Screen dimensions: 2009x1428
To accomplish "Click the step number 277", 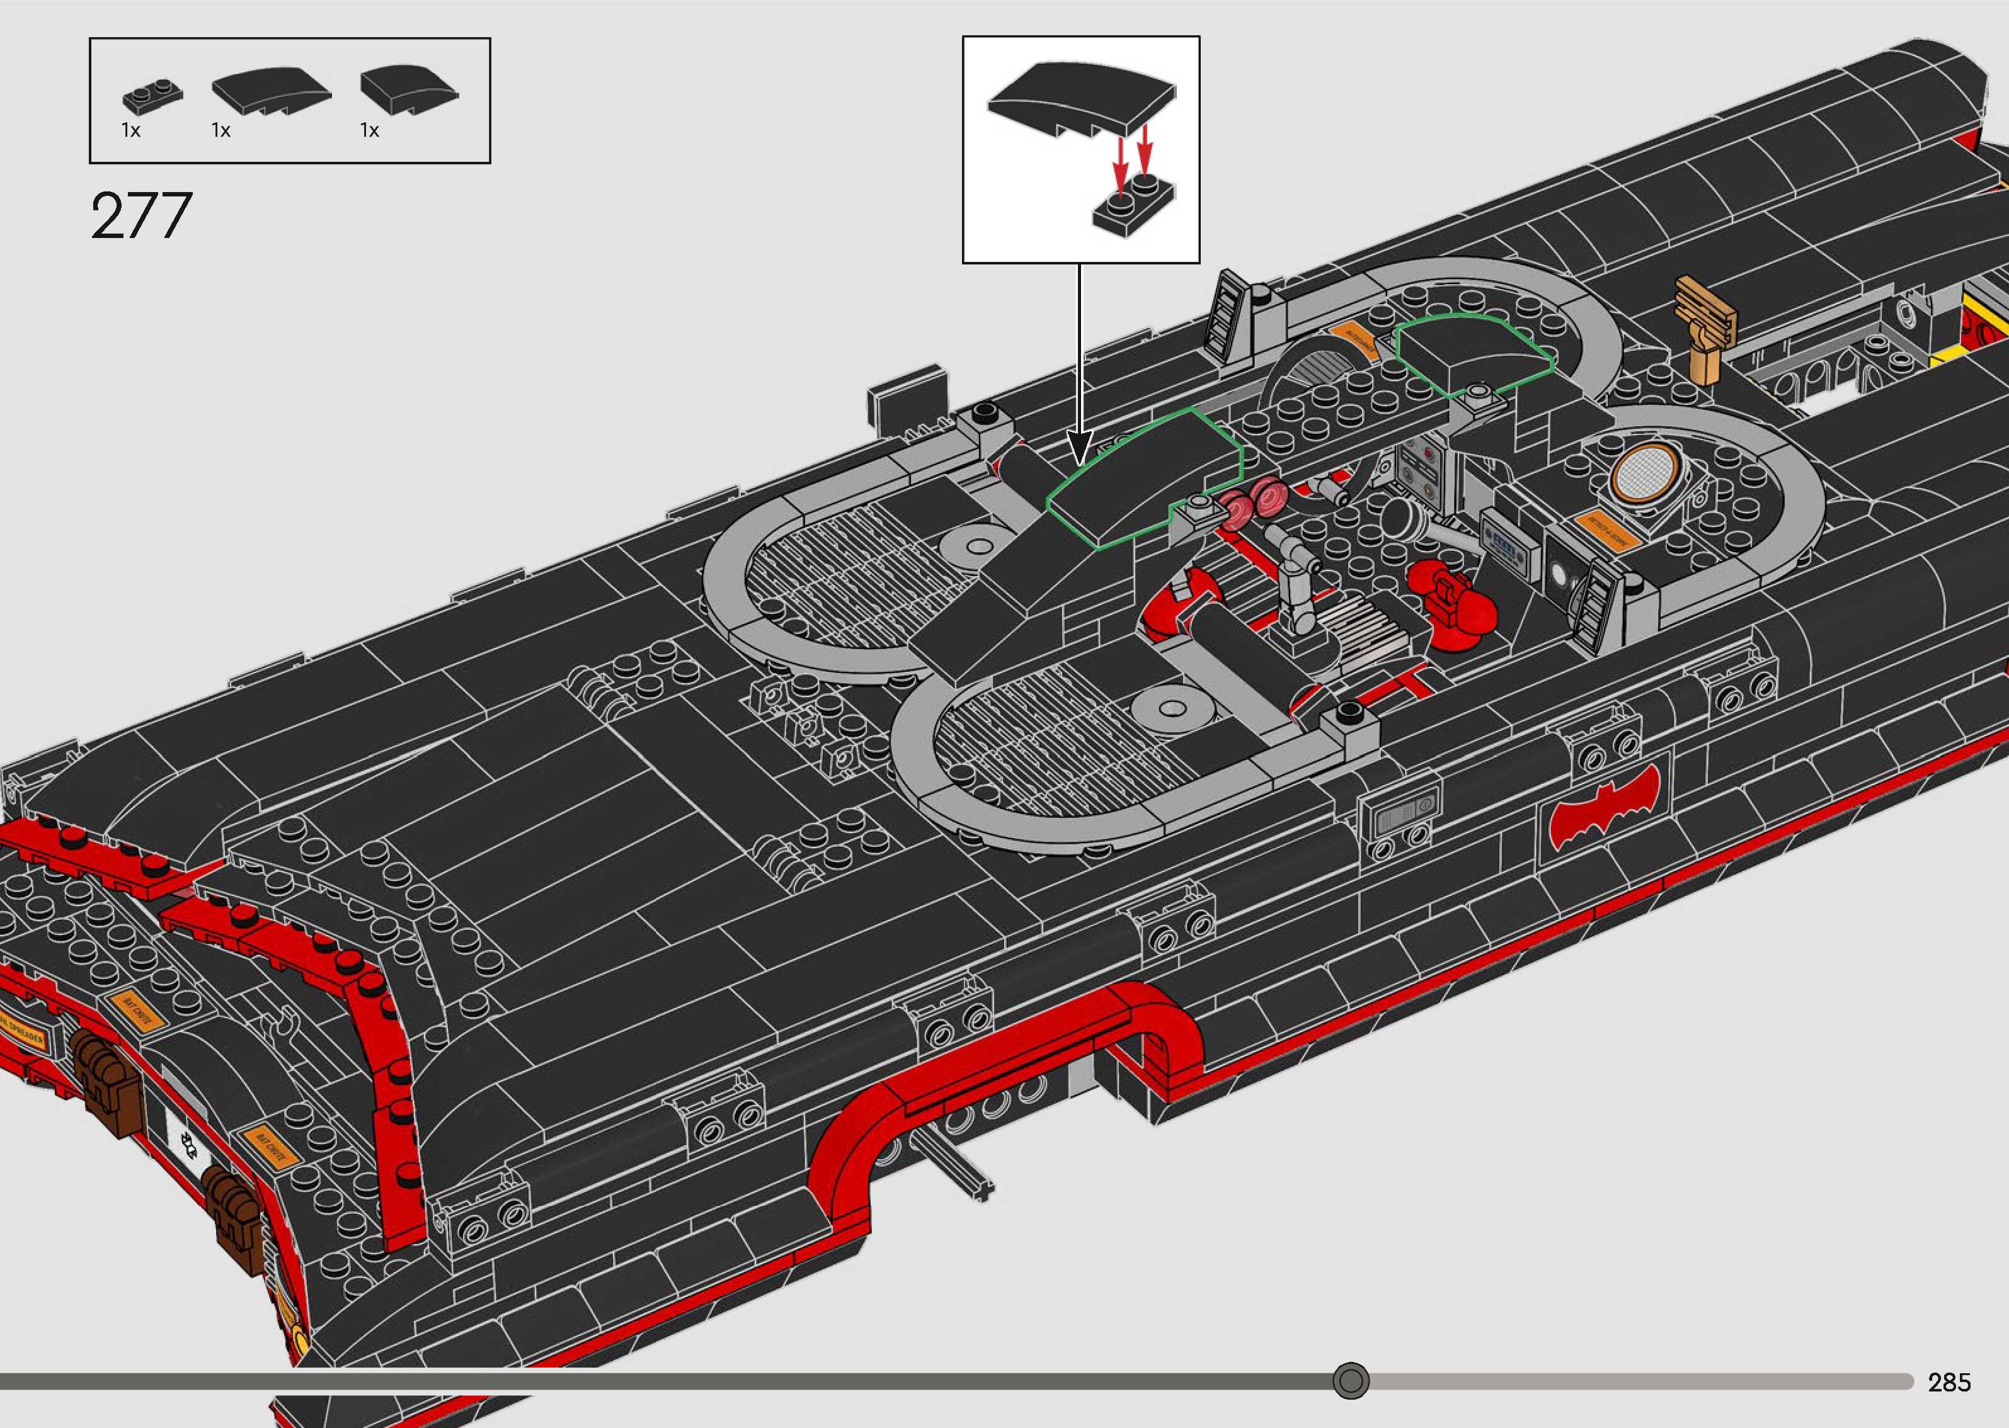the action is pos(140,217).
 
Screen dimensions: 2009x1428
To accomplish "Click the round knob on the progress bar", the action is pos(1350,1380).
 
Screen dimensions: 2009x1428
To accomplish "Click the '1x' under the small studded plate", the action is pos(130,131).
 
